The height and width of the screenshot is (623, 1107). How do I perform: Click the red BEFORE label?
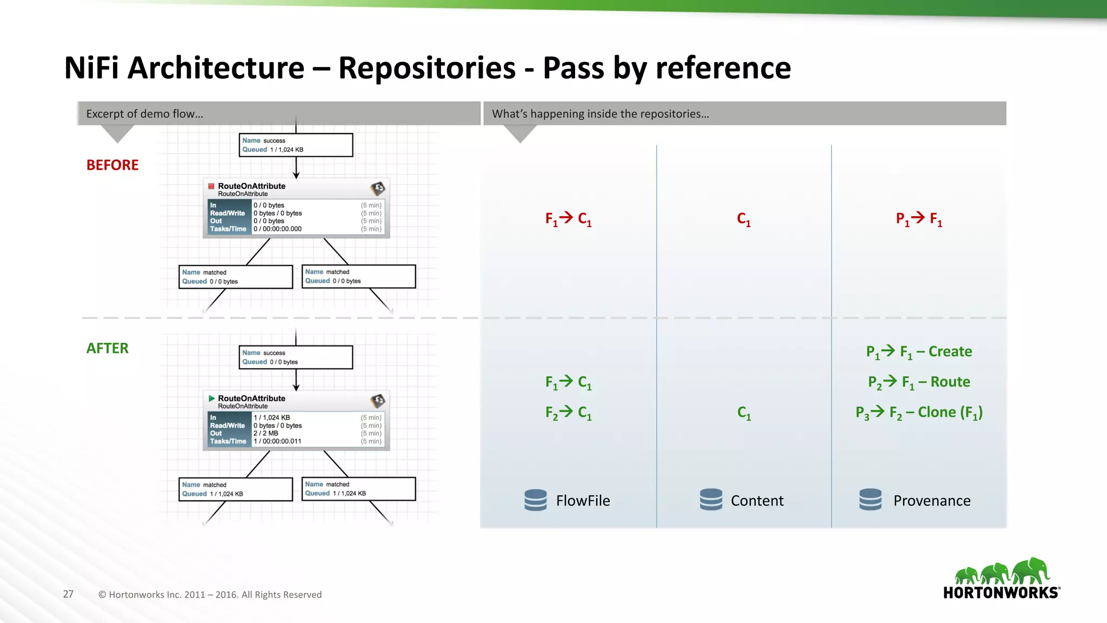click(112, 165)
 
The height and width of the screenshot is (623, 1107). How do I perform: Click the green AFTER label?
click(108, 348)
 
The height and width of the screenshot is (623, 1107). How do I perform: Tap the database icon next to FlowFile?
click(536, 500)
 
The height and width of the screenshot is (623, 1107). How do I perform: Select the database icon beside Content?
click(711, 500)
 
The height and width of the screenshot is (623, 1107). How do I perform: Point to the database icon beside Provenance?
click(870, 500)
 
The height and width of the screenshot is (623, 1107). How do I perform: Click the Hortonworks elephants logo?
click(1002, 578)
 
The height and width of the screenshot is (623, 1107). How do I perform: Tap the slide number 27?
click(68, 594)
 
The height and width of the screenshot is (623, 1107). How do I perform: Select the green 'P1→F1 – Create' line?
click(919, 352)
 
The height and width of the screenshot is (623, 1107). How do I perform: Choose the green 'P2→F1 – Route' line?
click(919, 382)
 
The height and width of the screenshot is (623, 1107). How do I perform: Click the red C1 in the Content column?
click(744, 219)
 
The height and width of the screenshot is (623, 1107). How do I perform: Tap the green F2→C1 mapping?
click(568, 413)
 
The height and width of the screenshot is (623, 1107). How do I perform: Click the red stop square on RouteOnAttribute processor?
click(211, 186)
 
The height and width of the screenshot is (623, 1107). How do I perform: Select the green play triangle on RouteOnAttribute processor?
click(211, 399)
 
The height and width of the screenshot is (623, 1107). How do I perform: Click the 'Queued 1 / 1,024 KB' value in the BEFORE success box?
click(286, 150)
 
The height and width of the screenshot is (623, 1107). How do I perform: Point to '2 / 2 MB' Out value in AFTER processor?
click(266, 433)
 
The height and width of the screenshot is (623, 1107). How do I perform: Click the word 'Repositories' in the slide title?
click(427, 68)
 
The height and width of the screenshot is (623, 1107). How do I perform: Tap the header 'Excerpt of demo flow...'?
click(145, 114)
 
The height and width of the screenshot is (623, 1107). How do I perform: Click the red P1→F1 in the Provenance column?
click(919, 219)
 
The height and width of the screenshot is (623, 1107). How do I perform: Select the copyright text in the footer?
click(210, 594)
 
